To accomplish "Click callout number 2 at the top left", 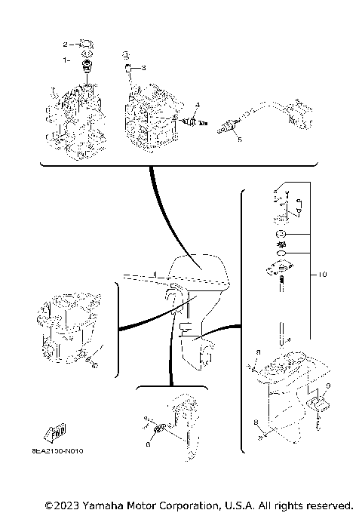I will [x=65, y=44].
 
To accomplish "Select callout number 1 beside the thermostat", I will [x=66, y=58].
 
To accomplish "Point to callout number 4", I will [x=198, y=103].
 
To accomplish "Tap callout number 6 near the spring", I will [x=148, y=445].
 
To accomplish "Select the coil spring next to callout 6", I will [x=159, y=432].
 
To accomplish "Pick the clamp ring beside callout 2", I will [x=85, y=44].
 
